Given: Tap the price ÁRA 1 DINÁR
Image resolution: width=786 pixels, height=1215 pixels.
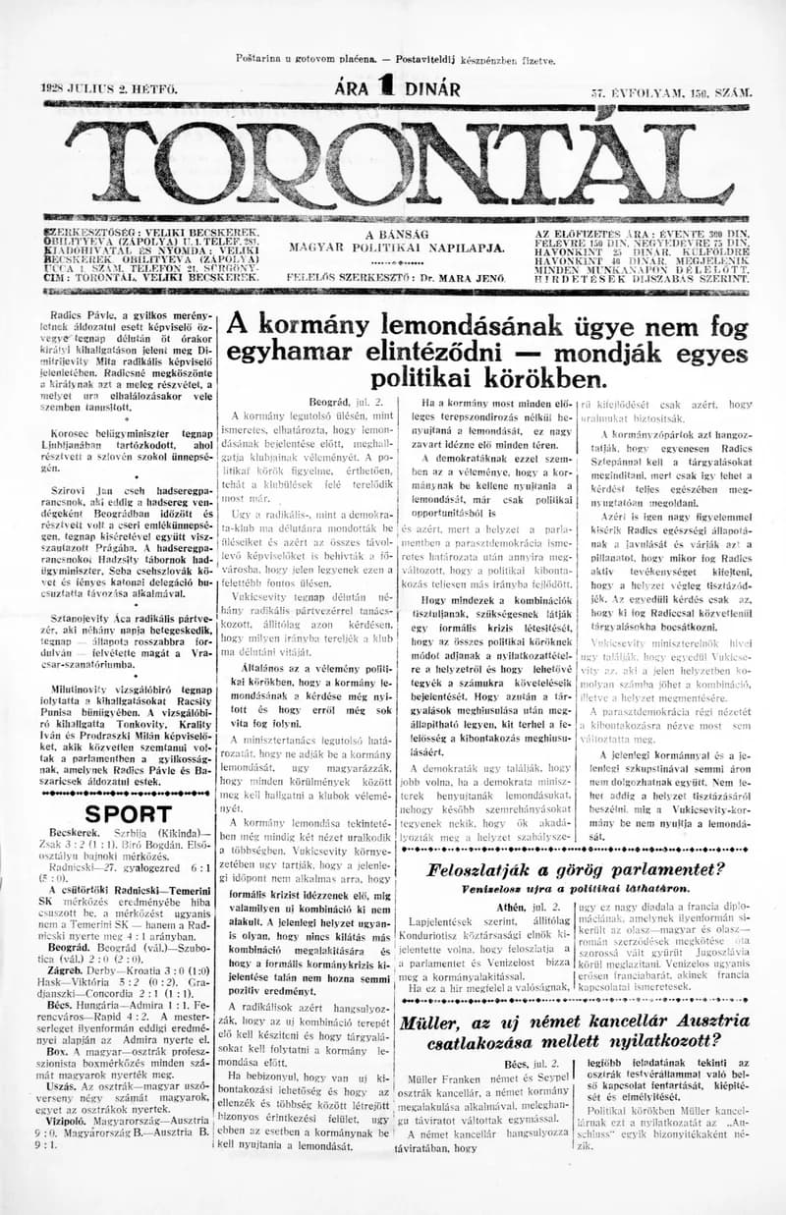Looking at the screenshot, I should (x=397, y=88).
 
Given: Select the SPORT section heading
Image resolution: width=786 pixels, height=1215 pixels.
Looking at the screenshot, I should (x=128, y=814).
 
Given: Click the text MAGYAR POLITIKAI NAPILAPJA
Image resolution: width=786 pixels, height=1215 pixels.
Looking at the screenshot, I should (x=397, y=249).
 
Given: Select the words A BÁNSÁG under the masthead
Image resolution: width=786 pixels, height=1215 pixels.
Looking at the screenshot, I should (x=397, y=234).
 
